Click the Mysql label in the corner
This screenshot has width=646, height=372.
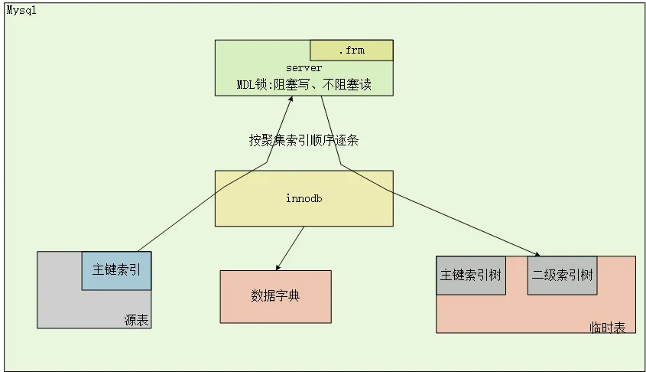tap(21, 11)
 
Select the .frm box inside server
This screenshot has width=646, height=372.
tap(351, 51)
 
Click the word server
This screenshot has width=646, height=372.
tap(304, 68)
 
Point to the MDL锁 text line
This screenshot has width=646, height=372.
tap(304, 84)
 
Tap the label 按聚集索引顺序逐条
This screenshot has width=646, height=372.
tap(304, 140)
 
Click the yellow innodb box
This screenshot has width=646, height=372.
tap(304, 198)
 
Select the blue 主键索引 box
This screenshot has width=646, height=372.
tap(116, 271)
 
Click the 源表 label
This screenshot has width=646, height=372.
tap(136, 320)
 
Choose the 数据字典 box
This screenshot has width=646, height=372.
tap(275, 296)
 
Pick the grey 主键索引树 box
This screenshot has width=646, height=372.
tap(471, 275)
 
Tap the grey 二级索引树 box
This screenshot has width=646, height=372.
tap(562, 275)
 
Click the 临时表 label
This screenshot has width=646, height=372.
tap(608, 327)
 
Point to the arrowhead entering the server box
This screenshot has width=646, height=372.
tap(291, 100)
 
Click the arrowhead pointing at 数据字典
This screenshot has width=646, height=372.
tap(278, 266)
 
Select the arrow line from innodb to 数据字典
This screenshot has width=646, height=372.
tap(290, 247)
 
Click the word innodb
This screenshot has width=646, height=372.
tap(304, 198)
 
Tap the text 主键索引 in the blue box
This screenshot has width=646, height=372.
tap(116, 271)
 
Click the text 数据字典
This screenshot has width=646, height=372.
tap(275, 296)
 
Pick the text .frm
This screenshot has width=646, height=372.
tap(351, 51)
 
